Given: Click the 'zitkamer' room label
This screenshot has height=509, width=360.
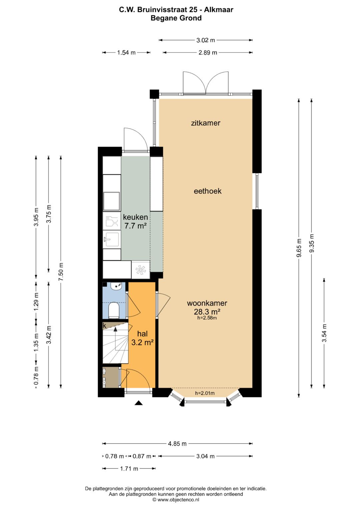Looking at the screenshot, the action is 205,123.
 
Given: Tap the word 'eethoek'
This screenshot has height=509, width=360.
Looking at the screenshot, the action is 207,191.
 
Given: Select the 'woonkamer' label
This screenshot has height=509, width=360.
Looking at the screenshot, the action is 207,303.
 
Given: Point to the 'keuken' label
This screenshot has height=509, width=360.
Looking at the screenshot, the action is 135,217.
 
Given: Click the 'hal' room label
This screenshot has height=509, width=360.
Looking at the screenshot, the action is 143,334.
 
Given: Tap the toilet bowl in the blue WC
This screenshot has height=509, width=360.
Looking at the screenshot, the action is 114,310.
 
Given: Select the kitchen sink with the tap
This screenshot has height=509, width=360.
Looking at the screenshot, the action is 112,239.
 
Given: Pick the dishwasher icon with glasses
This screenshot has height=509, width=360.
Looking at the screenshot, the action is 112,221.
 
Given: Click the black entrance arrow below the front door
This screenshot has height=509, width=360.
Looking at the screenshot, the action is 139,403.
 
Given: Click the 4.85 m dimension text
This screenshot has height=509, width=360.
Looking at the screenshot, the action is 177,444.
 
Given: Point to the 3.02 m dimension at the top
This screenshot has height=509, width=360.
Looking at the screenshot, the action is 205,40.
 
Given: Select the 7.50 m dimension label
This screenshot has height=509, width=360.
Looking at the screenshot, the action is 61,272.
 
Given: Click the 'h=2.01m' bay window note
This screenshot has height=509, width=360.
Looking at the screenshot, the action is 205,393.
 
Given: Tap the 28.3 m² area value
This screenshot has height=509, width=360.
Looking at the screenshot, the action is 207,311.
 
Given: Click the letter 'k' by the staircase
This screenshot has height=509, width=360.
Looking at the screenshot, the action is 105,326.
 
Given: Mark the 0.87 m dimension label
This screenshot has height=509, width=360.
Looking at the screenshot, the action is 142,456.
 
